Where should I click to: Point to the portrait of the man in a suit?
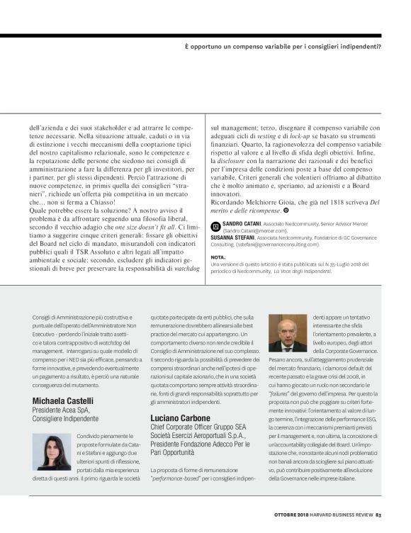click(288, 333)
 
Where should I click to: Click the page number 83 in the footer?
click(379, 515)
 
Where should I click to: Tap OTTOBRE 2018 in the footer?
click(293, 515)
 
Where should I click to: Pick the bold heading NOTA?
click(218, 257)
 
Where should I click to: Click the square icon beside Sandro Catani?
click(216, 223)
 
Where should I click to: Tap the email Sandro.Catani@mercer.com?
click(255, 230)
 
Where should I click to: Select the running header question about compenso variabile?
click(282, 47)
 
